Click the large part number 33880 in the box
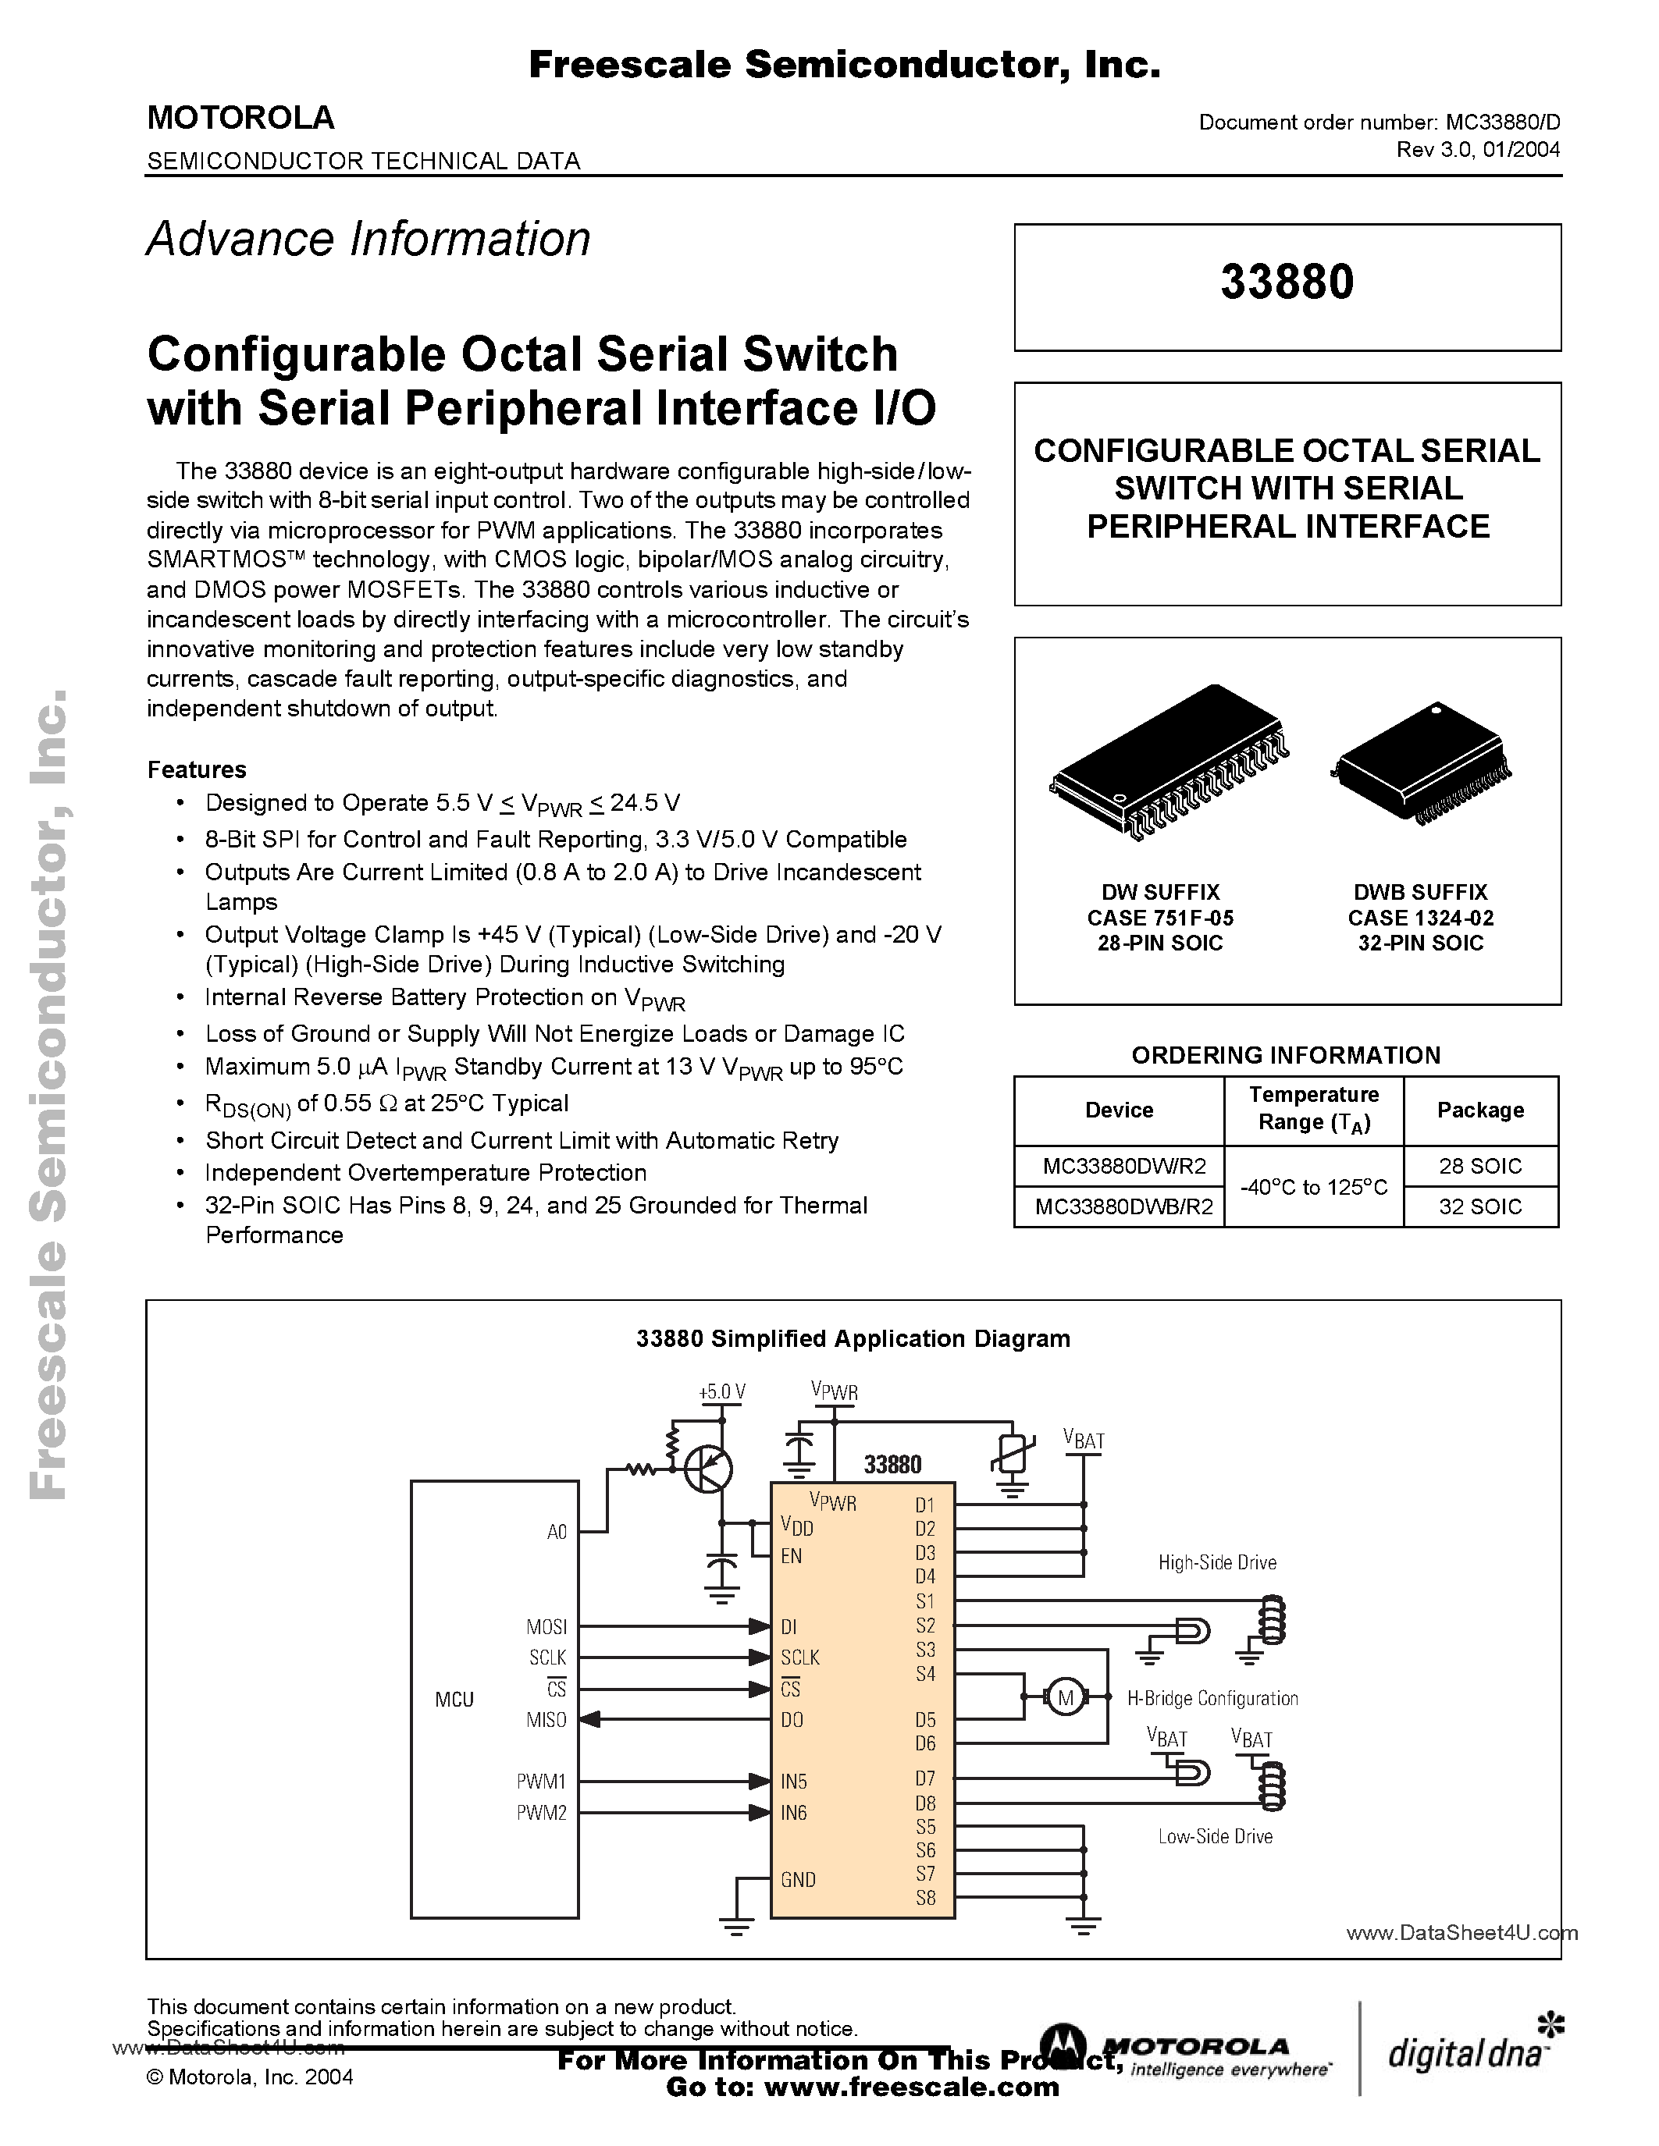1287,282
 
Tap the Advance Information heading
368,239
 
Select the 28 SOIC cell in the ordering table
1479,1167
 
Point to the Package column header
1479,1110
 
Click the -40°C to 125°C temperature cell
1313,1187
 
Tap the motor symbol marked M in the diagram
1064,1698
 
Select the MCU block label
454,1700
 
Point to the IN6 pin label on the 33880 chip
793,1813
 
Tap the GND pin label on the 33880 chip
798,1880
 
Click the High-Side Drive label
1217,1562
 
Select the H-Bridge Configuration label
1212,1698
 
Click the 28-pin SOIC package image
1169,762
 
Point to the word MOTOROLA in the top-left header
240,118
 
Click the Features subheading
197,769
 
